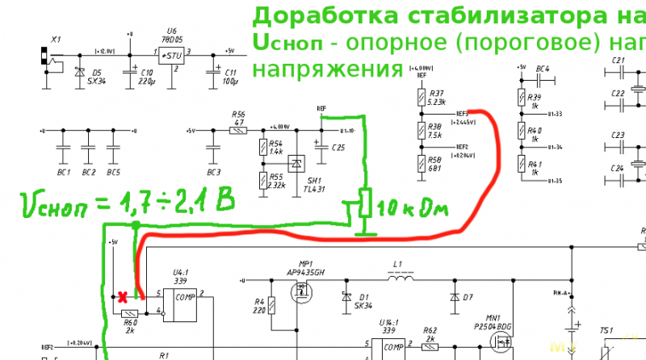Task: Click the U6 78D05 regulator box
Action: click(170, 56)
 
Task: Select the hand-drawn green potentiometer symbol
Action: click(364, 203)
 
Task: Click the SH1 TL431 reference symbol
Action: click(296, 163)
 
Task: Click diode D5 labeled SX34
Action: click(79, 72)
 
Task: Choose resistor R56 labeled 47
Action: click(238, 131)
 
